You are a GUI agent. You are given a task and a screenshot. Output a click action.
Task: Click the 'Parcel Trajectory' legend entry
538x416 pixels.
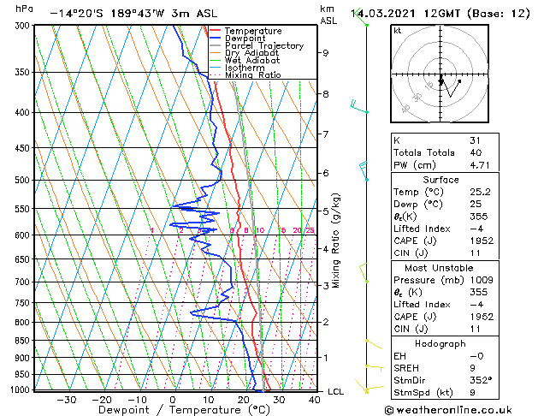[264, 45]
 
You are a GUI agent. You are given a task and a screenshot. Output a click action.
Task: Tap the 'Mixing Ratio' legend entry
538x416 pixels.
[252, 74]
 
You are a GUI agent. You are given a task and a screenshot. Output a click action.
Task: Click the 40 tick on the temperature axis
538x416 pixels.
[315, 399]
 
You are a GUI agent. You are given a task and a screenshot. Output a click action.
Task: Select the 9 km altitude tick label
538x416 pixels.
[326, 53]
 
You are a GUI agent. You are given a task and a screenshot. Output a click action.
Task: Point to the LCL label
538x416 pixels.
[336, 391]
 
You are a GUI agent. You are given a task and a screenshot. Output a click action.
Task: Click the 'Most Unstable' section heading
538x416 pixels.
[440, 267]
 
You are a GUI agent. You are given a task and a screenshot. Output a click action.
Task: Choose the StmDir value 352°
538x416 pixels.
[481, 380]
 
